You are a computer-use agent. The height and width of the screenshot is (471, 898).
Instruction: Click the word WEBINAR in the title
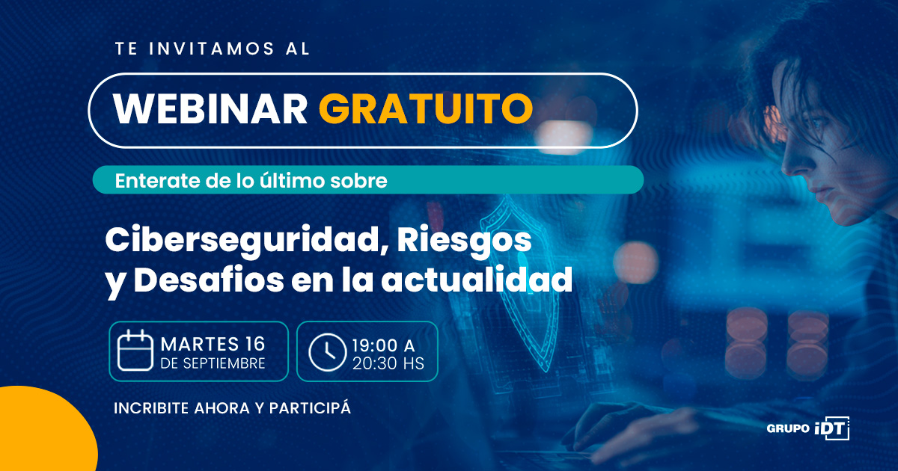coord(210,109)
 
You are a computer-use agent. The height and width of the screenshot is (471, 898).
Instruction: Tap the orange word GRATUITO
coord(426,109)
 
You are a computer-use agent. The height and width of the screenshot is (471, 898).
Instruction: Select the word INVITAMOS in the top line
coord(212,49)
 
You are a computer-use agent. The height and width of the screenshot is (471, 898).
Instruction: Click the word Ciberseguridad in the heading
coord(244,240)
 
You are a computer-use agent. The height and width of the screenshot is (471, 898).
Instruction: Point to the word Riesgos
coord(464,240)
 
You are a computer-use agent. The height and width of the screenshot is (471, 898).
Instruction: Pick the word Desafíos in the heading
coord(209,280)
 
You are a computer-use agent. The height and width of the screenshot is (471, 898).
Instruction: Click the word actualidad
coord(477,280)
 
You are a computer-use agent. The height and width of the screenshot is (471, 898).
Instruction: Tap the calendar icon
coord(135,351)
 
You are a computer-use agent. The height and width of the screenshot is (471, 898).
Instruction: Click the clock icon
coord(327,352)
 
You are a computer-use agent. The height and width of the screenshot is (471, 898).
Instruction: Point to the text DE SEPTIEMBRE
coord(213,363)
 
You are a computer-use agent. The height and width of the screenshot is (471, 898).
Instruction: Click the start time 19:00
coord(374,345)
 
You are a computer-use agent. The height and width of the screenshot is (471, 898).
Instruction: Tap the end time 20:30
coord(374,363)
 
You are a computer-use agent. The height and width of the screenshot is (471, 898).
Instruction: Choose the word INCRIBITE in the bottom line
coord(151,408)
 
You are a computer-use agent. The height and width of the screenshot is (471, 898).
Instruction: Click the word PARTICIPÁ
coord(310,407)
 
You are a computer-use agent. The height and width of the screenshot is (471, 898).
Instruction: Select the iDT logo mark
coord(832,428)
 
